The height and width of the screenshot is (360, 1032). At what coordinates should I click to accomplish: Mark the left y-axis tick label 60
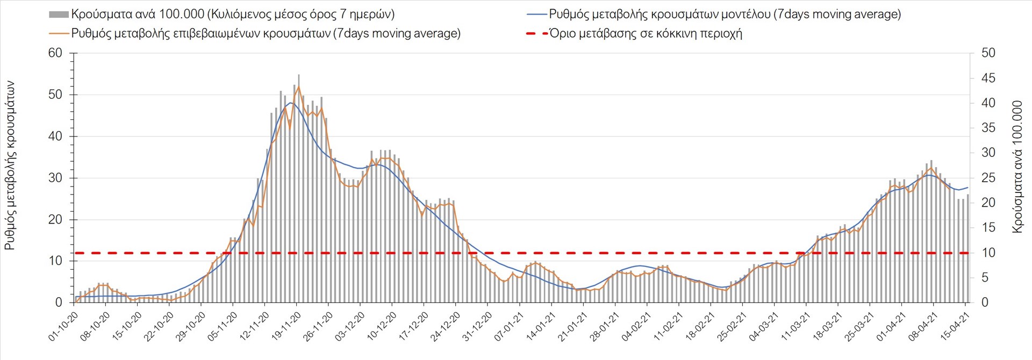click(x=55, y=53)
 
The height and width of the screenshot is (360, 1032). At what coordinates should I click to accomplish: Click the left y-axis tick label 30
click(x=55, y=178)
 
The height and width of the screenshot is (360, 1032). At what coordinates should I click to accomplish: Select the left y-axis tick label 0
click(x=59, y=303)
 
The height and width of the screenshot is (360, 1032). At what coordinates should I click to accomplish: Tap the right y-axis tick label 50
click(x=988, y=53)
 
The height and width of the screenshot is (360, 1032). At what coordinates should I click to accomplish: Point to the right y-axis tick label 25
click(x=988, y=178)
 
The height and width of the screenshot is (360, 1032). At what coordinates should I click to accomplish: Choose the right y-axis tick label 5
click(x=985, y=278)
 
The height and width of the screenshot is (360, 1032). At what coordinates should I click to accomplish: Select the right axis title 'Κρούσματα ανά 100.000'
click(x=1017, y=167)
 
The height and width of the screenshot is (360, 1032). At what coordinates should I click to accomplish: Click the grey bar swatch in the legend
click(x=59, y=15)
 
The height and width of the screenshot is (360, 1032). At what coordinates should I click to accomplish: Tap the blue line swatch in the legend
click(x=536, y=15)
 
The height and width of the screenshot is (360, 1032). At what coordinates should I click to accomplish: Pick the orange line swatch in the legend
click(x=59, y=34)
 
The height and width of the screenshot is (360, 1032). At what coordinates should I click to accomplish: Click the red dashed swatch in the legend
click(x=536, y=34)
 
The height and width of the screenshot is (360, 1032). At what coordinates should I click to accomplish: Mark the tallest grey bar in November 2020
click(x=299, y=188)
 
